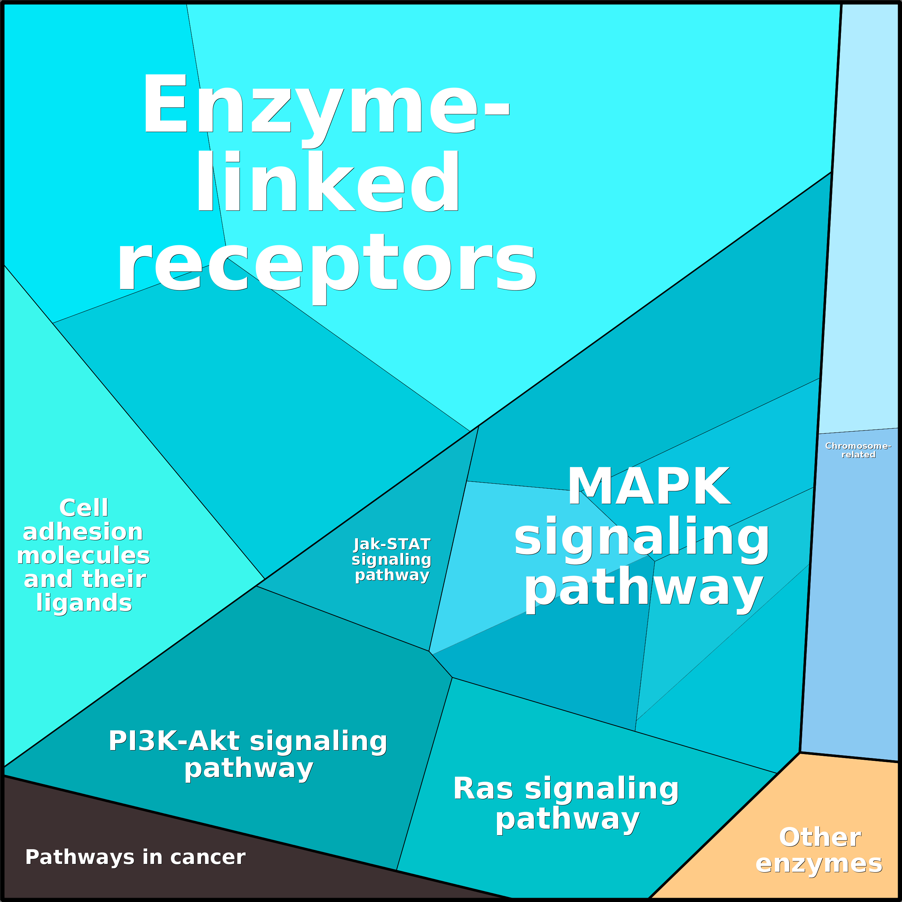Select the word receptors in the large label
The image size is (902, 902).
(327, 262)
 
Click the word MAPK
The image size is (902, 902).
(649, 487)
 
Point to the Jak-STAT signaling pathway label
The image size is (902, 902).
(392, 560)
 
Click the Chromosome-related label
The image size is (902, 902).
(858, 450)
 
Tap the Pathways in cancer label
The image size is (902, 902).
(135, 857)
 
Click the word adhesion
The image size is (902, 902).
(83, 532)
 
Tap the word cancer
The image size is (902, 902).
(208, 857)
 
